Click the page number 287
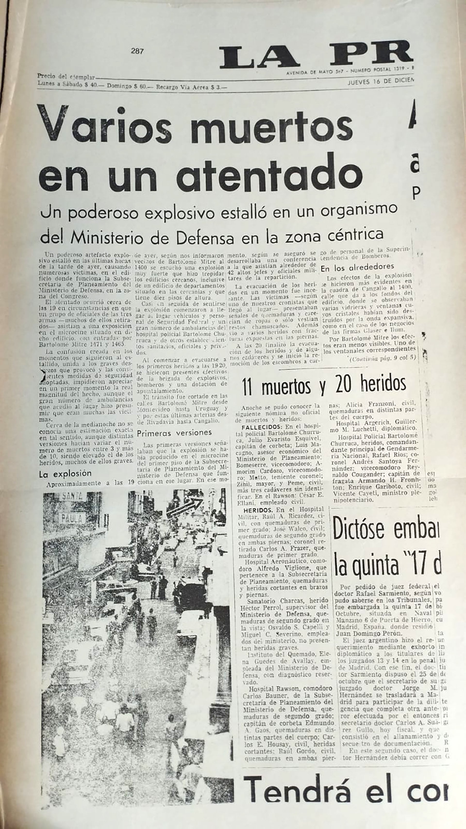(x=137, y=51)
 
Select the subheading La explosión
(x=65, y=474)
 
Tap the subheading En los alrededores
(x=357, y=267)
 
